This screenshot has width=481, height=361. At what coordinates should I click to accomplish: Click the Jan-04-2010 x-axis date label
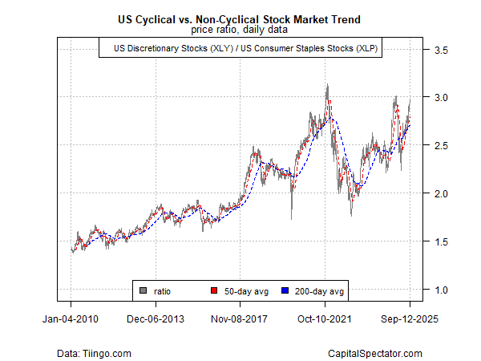point(71,318)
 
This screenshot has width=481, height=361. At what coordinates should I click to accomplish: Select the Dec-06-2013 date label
point(156,318)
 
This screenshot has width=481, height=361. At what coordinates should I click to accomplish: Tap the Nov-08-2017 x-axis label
point(240,318)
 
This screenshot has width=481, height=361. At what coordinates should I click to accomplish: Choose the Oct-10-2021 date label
point(325,318)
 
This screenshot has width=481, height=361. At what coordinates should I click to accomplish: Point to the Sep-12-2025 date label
point(410,318)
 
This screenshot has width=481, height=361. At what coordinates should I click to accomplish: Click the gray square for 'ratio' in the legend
point(143,290)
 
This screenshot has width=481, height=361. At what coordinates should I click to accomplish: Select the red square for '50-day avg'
point(213,290)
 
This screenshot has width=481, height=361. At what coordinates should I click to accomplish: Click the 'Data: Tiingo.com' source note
point(94,353)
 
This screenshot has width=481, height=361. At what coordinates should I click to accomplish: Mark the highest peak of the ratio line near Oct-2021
point(326,85)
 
